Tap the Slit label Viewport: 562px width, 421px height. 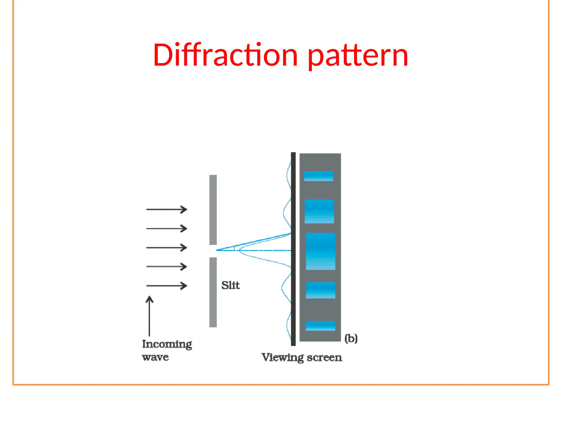pos(231,285)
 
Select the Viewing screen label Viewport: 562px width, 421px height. pos(302,357)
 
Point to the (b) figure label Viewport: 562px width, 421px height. pos(351,338)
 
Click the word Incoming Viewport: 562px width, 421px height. pos(167,344)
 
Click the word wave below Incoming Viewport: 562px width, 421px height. pos(155,357)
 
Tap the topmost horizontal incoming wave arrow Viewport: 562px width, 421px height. pos(167,209)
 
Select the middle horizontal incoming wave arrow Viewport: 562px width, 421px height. pos(167,248)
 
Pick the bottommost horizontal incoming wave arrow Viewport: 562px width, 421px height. pos(167,286)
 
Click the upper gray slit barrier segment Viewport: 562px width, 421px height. pos(213,210)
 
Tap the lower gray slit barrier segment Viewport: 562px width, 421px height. pos(213,292)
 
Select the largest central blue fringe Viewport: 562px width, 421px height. pos(321,251)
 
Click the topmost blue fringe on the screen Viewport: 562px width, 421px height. pos(318,176)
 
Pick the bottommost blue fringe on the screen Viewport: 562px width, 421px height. pos(321,326)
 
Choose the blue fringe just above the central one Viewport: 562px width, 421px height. pos(319,211)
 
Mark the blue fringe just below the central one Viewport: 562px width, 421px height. pos(321,290)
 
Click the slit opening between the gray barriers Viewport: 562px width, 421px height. pos(213,251)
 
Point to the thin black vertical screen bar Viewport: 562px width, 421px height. pos(293,249)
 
